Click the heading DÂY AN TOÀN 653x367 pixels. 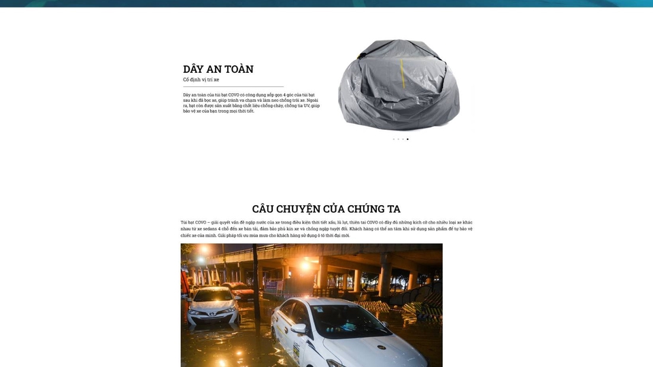[218, 69]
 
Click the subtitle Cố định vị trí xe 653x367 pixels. [201, 80]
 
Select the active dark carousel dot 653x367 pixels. [407, 139]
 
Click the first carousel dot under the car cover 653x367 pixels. [393, 139]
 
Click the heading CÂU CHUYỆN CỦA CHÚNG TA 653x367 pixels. [326, 209]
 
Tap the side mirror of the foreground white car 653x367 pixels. [298, 329]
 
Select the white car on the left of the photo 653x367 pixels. [212, 306]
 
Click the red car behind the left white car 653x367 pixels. [237, 288]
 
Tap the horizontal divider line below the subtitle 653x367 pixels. [233, 87]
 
